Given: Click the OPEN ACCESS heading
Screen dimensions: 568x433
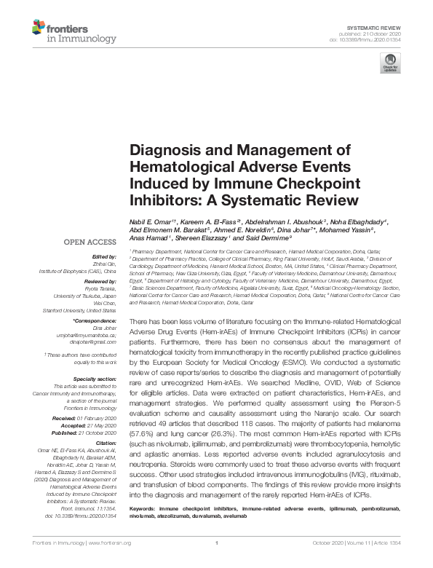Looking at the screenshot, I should coord(90,242).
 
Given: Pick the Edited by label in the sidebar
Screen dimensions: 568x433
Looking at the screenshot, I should coord(104,256).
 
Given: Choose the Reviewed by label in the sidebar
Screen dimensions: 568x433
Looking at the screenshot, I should coord(100,280).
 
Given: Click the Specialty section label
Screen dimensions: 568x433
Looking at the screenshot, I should coord(95,379).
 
